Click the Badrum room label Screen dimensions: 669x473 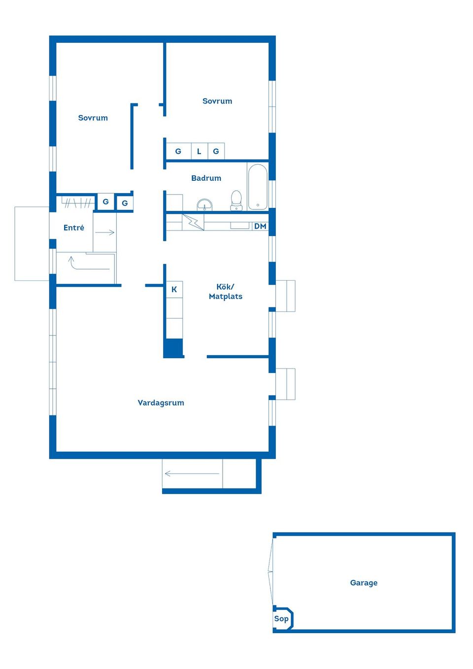(206, 178)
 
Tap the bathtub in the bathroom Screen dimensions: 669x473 (257, 187)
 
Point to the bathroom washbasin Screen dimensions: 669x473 (204, 204)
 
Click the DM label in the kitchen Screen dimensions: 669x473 (260, 226)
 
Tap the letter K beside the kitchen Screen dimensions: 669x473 (174, 289)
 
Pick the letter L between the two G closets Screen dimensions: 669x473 (199, 151)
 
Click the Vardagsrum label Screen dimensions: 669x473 (161, 402)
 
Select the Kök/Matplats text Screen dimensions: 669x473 (225, 291)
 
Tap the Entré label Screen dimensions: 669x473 (74, 228)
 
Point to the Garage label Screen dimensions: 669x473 (364, 583)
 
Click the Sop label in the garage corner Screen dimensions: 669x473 (281, 619)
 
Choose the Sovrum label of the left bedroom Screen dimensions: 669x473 (93, 118)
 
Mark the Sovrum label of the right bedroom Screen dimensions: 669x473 (217, 101)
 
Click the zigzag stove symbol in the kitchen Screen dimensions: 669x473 (194, 222)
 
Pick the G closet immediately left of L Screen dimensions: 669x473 (178, 151)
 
